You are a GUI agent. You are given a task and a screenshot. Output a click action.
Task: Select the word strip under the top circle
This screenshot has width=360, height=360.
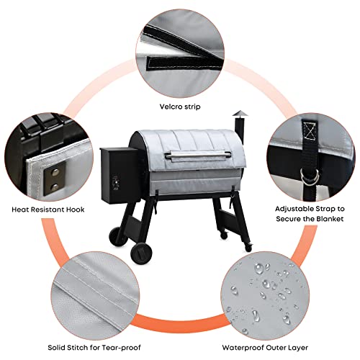tap(192, 106)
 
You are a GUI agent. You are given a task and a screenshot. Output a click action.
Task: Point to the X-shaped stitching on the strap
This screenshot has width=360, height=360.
tap(312, 131)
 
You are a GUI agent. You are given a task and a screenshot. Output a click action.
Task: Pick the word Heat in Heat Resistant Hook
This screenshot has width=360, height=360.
tap(21, 210)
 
